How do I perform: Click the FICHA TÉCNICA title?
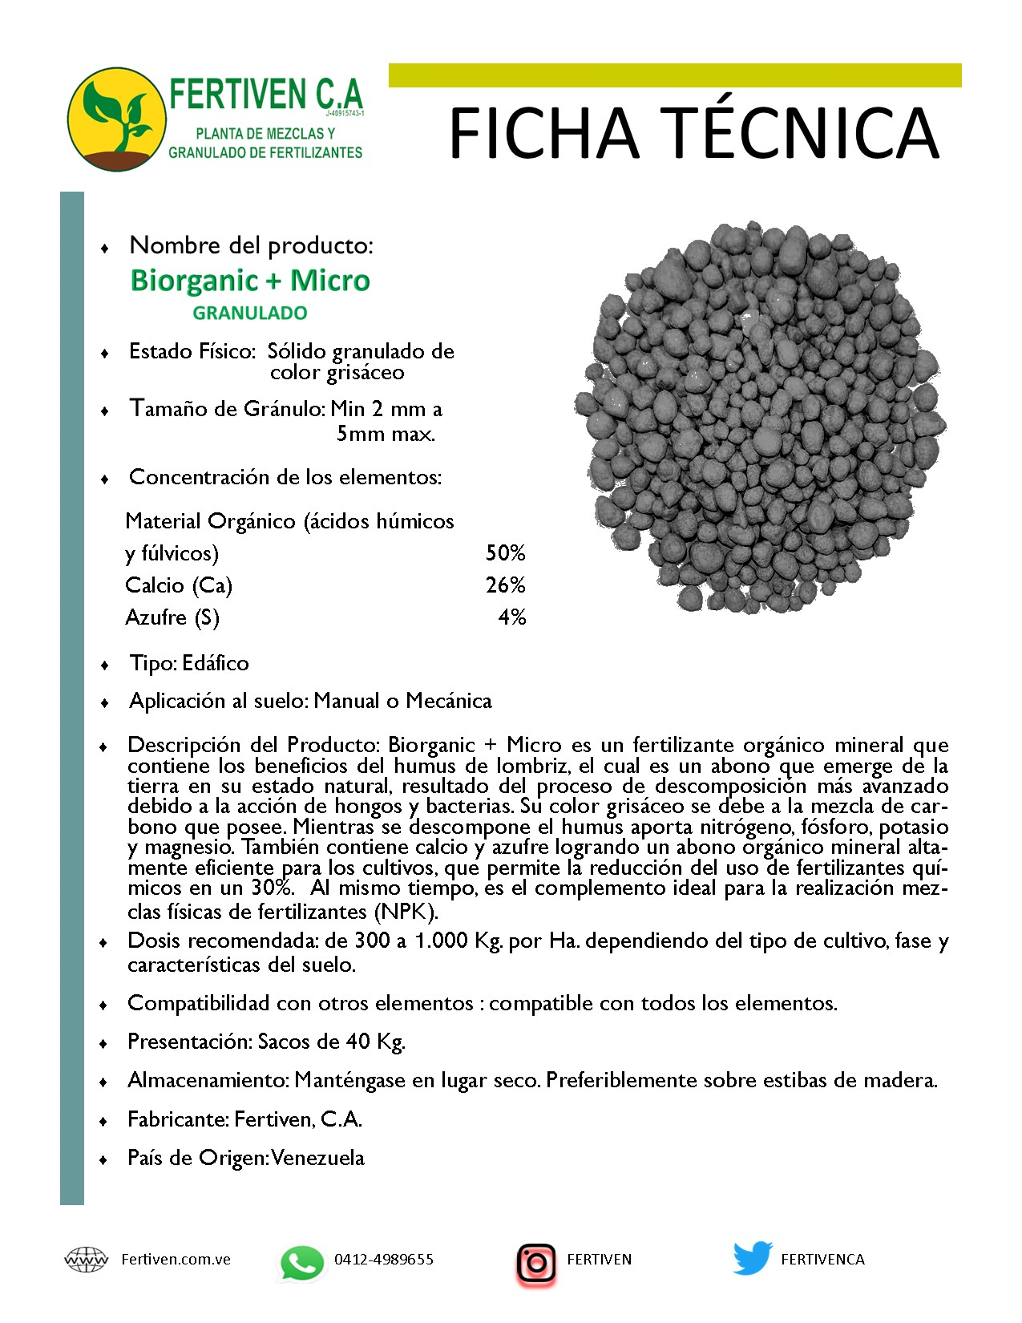click(x=694, y=133)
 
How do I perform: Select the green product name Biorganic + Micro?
click(x=250, y=281)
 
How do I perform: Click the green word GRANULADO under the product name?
click(x=250, y=314)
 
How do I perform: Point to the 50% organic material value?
click(x=505, y=553)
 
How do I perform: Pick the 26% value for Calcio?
click(x=505, y=585)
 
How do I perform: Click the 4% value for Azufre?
click(x=511, y=617)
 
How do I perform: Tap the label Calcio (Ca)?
click(x=179, y=585)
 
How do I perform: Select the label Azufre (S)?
click(x=172, y=617)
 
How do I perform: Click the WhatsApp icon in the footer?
click(x=301, y=1263)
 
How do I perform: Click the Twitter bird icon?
click(x=752, y=1259)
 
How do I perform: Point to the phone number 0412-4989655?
click(x=383, y=1260)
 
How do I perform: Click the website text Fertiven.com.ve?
click(x=176, y=1260)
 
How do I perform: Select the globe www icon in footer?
click(x=86, y=1260)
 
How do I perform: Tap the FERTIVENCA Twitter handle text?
click(x=822, y=1260)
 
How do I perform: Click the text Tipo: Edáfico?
click(x=189, y=664)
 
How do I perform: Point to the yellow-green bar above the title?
click(x=675, y=75)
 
